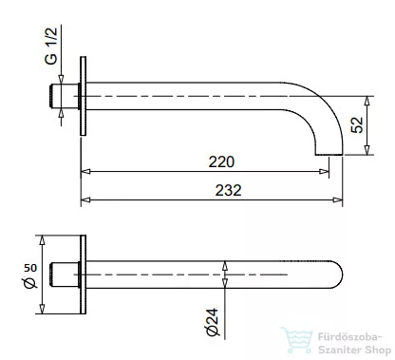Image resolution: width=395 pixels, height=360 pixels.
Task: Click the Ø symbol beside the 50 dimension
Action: point(30,285)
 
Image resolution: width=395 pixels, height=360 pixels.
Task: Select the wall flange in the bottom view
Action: point(85,276)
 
